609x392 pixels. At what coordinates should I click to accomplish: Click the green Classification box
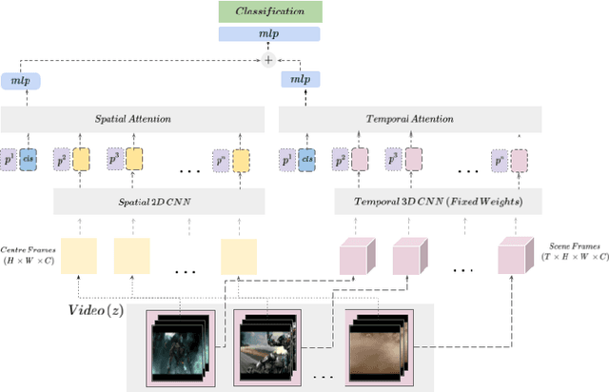pos(271,11)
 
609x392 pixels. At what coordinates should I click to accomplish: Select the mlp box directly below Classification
pos(271,33)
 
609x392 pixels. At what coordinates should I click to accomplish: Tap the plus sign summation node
pos(268,59)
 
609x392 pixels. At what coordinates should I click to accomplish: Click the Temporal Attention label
pos(409,119)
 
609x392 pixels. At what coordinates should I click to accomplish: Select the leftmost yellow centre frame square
pos(79,256)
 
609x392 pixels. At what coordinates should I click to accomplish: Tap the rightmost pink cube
pos(517,255)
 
